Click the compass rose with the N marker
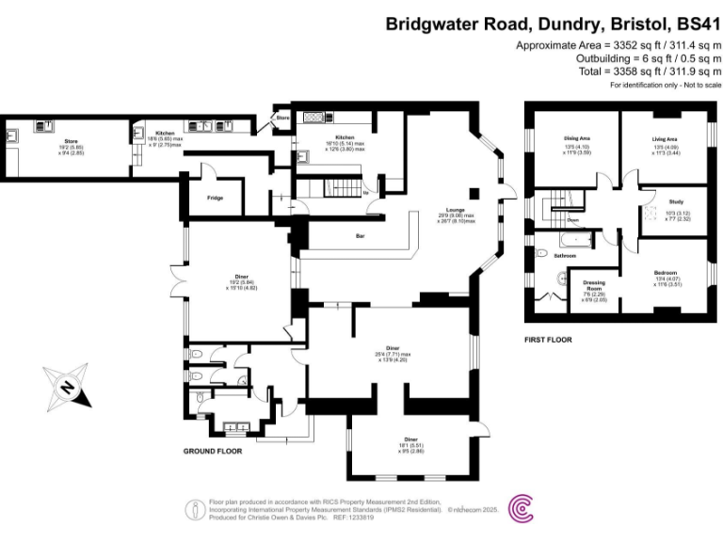pyautogui.click(x=68, y=387)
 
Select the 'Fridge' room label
pyautogui.click(x=215, y=199)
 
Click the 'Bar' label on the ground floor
pyautogui.click(x=360, y=235)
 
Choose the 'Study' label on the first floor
pyautogui.click(x=675, y=201)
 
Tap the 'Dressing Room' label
pyautogui.click(x=593, y=284)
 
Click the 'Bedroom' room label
pyautogui.click(x=666, y=273)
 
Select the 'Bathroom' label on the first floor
pyautogui.click(x=565, y=255)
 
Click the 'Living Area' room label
pyautogui.click(x=665, y=139)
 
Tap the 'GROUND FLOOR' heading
pyautogui.click(x=212, y=452)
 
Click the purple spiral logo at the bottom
pyautogui.click(x=521, y=509)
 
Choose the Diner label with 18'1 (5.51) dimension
pyautogui.click(x=410, y=439)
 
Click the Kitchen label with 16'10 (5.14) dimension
pyautogui.click(x=337, y=138)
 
